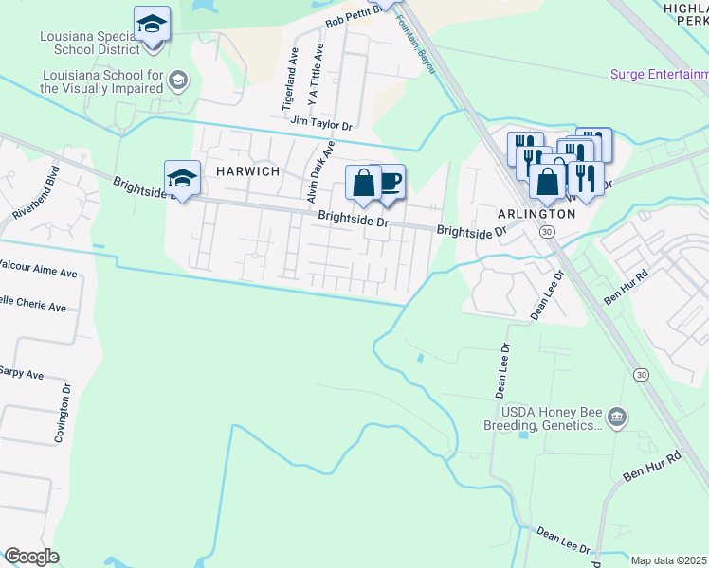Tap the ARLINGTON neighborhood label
click(537, 214)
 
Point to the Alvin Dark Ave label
click(319, 172)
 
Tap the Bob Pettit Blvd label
click(352, 14)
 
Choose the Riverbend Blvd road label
click(37, 194)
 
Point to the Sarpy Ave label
click(22, 375)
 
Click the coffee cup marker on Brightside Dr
click(391, 180)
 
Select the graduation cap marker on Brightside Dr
click(183, 178)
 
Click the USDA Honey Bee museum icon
click(617, 416)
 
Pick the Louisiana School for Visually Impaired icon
click(176, 80)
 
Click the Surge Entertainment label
click(659, 74)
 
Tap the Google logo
click(32, 557)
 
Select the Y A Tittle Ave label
click(316, 75)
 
